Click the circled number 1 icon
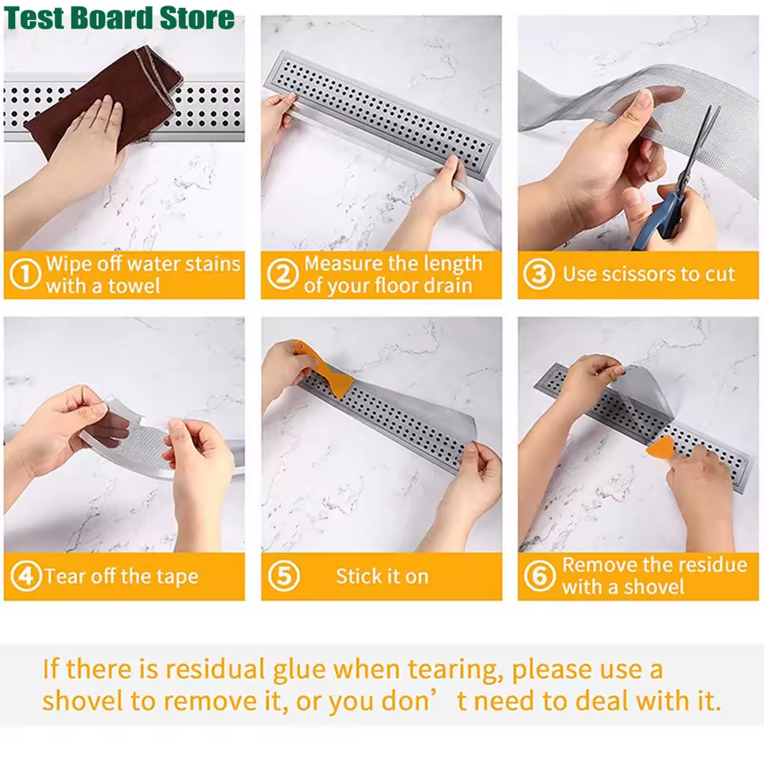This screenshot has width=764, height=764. tap(25, 275)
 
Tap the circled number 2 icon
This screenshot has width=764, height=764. tap(282, 275)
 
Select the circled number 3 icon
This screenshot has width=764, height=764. tap(539, 275)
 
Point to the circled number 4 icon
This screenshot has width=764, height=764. tap(25, 577)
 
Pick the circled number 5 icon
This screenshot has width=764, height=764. tap(283, 577)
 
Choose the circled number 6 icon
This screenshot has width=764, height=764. tap(539, 577)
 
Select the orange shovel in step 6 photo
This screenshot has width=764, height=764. tap(660, 448)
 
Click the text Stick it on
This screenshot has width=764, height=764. tap(382, 577)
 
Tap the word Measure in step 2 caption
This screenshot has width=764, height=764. tap(344, 264)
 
